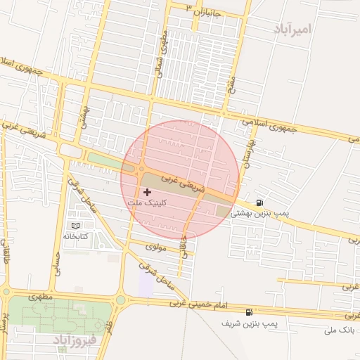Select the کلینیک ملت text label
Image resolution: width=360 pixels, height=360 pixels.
coord(145,202)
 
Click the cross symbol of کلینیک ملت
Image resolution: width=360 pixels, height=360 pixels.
coord(147,192)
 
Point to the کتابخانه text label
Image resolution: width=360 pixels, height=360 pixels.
coord(76,236)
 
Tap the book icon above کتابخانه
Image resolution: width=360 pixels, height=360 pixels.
coord(76,226)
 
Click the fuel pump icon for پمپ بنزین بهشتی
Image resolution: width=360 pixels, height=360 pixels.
coord(261,202)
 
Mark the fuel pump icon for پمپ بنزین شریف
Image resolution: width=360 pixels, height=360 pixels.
coord(248,312)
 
